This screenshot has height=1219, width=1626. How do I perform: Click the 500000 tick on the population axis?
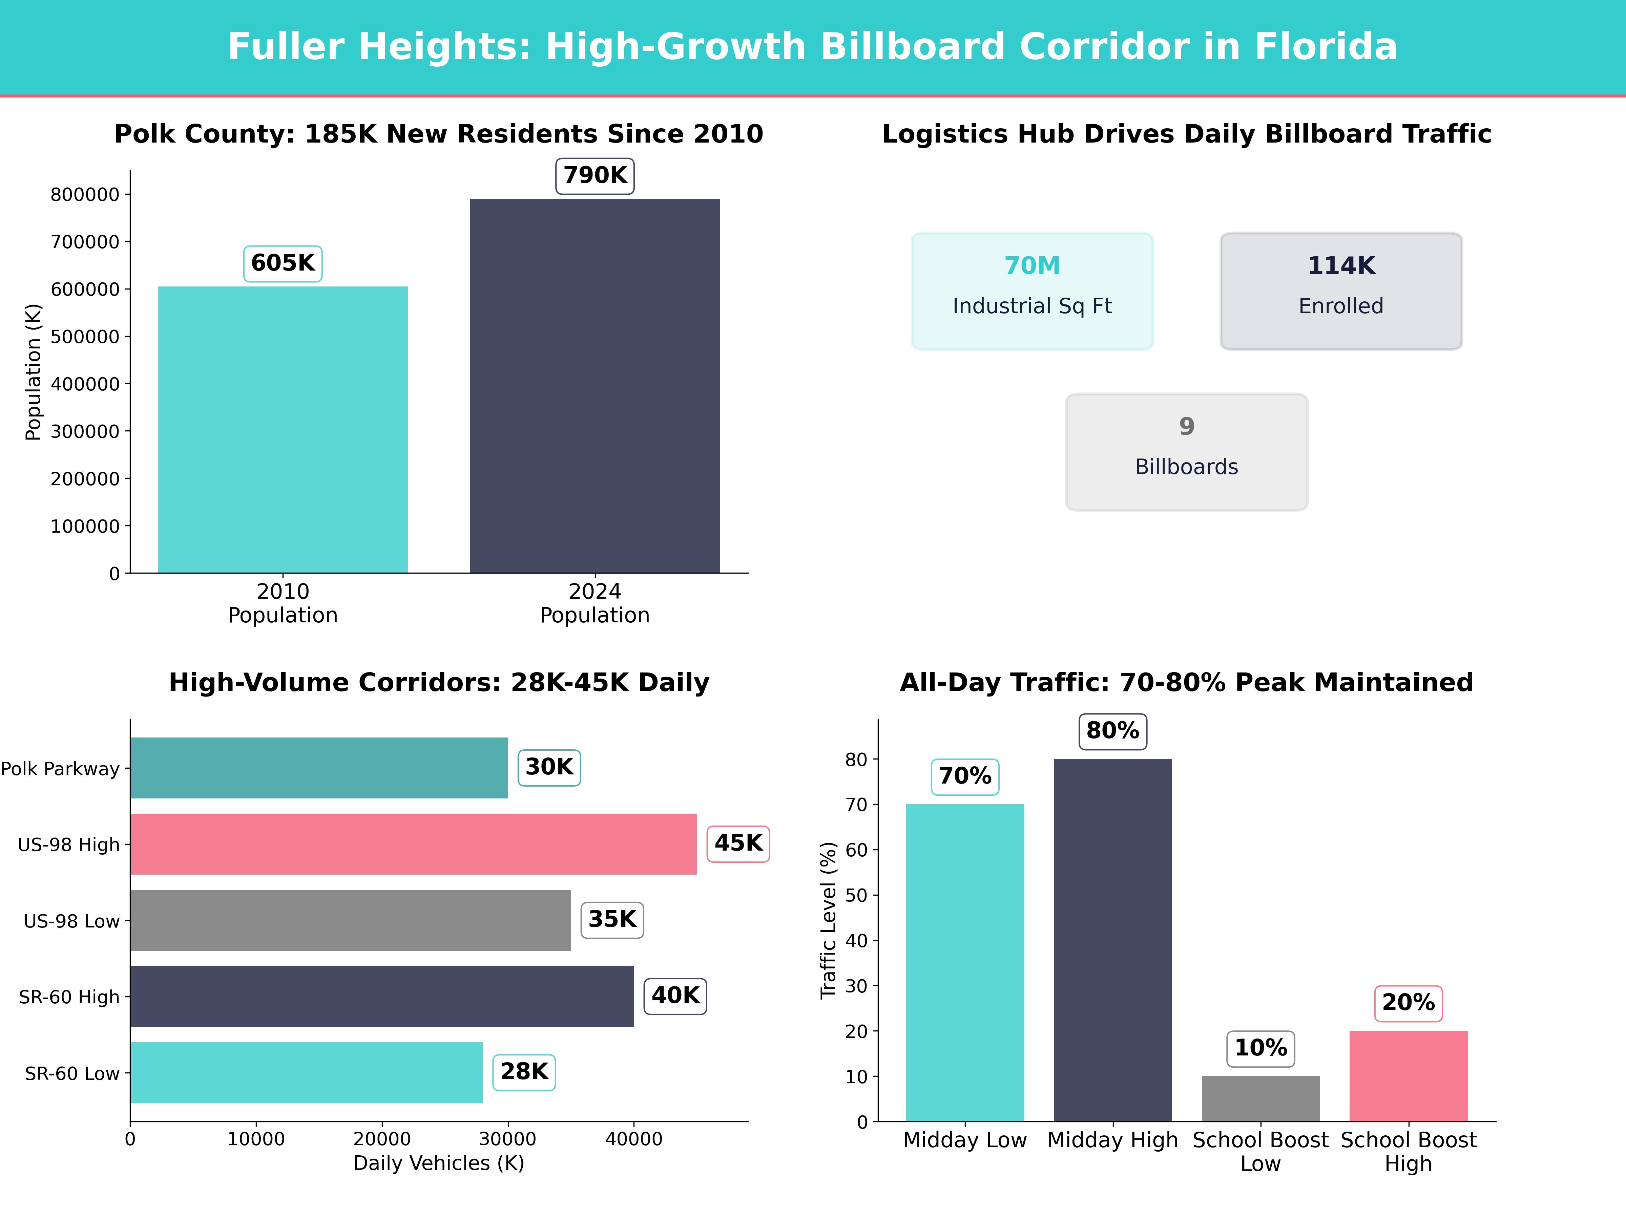[x=85, y=337]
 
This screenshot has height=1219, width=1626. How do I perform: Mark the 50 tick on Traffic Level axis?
[x=856, y=895]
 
